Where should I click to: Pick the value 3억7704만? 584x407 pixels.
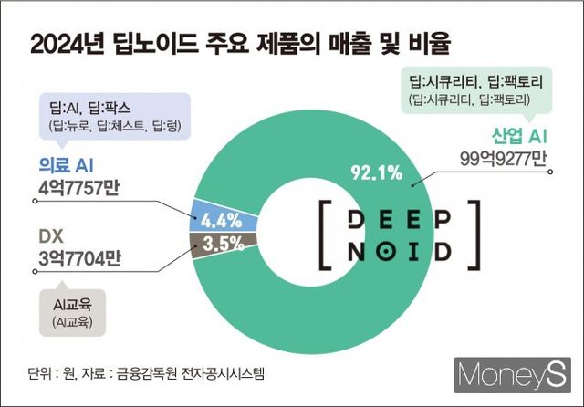[x=79, y=259]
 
